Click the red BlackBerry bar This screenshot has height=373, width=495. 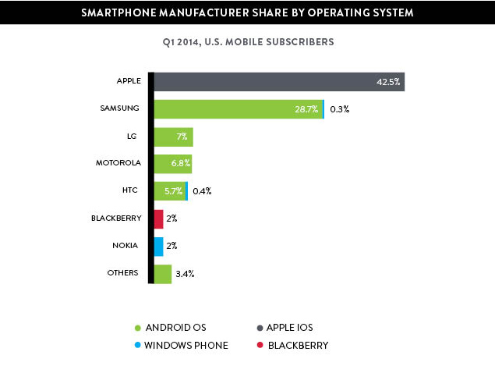(159, 218)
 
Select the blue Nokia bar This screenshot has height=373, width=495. (159, 246)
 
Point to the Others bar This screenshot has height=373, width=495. (163, 273)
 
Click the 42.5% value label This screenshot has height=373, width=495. (387, 82)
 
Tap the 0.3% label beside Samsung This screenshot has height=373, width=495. (339, 109)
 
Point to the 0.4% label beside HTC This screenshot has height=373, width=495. (201, 191)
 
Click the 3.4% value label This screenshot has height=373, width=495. (185, 274)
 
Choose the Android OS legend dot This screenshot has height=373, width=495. (137, 328)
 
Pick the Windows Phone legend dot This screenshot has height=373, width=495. (137, 345)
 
